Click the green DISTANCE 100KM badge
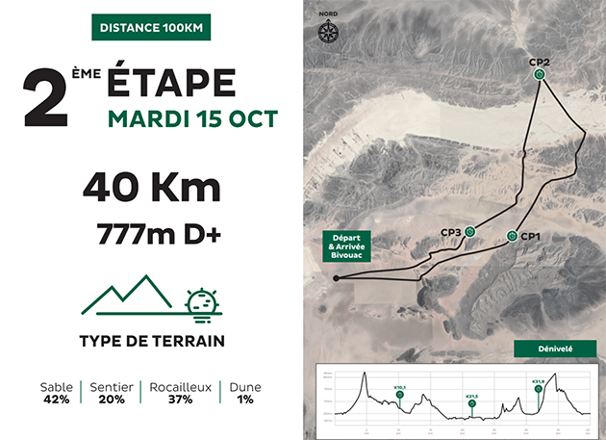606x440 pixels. (151, 27)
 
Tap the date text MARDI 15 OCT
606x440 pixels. (192, 119)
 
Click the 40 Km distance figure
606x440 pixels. (151, 186)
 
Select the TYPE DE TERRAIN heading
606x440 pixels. (152, 341)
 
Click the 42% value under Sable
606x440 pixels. (57, 399)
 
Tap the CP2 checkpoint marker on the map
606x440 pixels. (541, 74)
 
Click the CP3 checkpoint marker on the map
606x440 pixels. (469, 231)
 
